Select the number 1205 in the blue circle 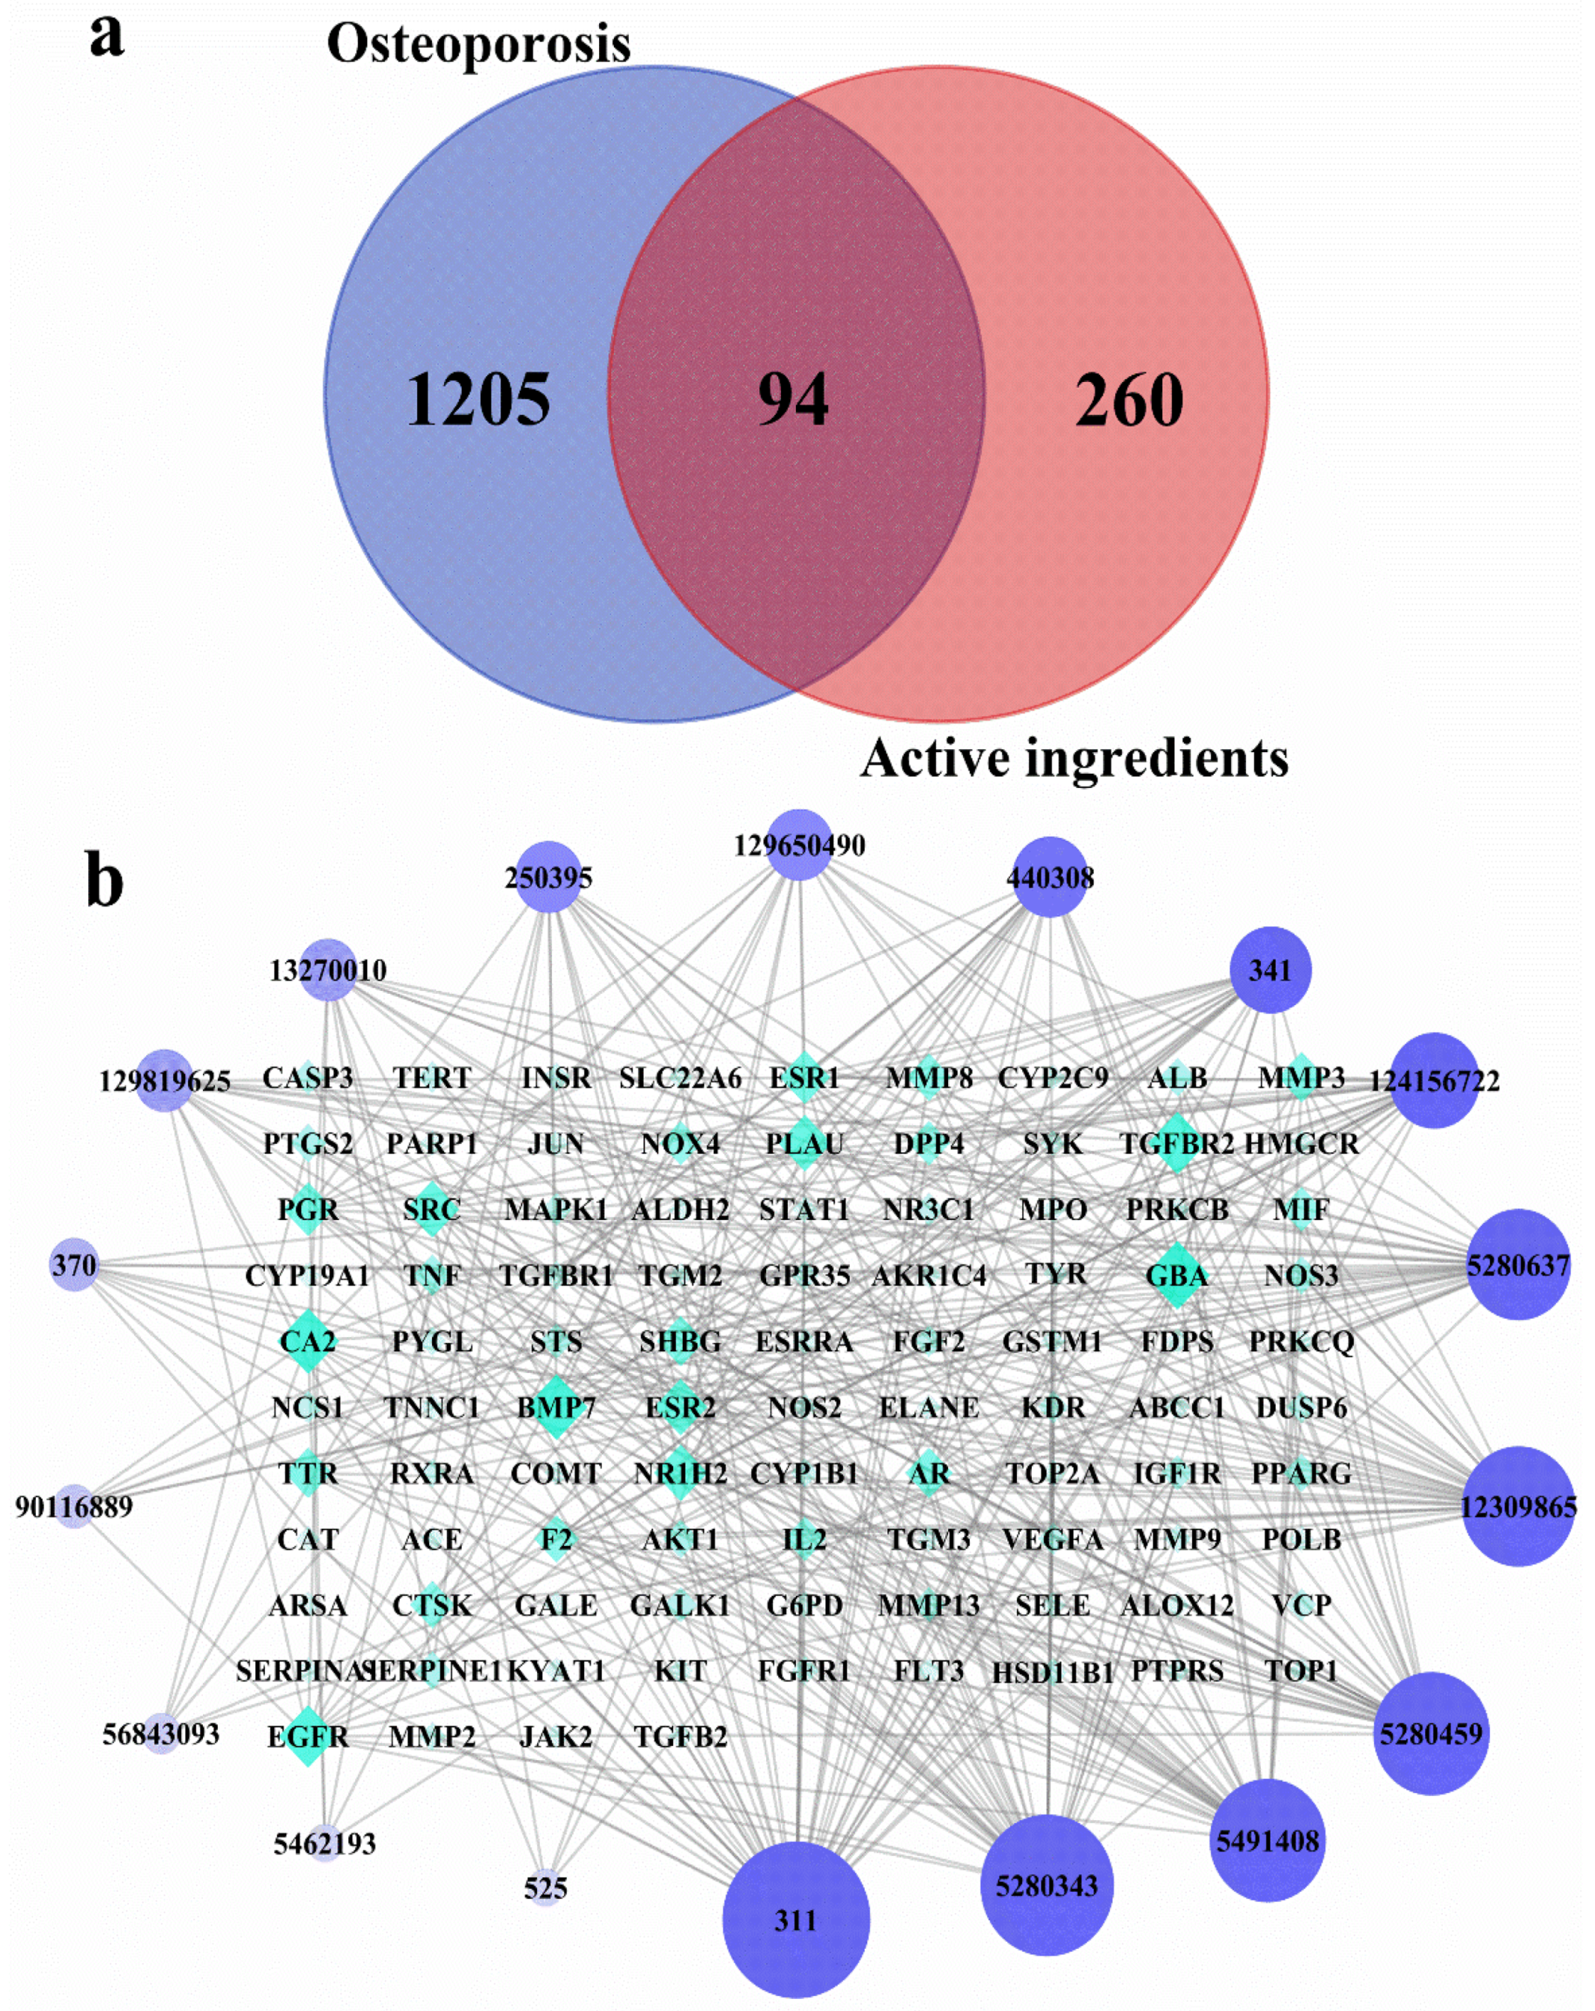click(x=477, y=399)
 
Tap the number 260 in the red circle click(x=1129, y=399)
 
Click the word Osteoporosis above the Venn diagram click(x=478, y=43)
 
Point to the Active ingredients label click(x=1074, y=757)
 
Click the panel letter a click(x=107, y=37)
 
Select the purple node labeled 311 click(x=795, y=1918)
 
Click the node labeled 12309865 click(x=1517, y=1507)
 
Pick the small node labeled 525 click(x=545, y=1888)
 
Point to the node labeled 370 click(x=74, y=1266)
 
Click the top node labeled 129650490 click(x=800, y=845)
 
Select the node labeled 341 click(x=1270, y=970)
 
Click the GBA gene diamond click(x=1176, y=1275)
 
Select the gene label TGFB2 click(x=680, y=1737)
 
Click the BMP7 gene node click(x=556, y=1407)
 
